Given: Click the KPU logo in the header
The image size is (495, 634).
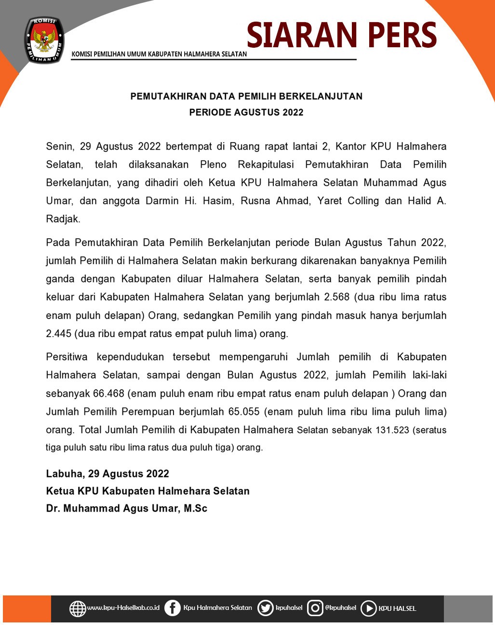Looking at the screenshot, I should point(44,40).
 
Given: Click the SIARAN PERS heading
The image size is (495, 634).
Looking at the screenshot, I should point(341,35).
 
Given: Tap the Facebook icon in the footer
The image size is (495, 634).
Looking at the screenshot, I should point(172,608).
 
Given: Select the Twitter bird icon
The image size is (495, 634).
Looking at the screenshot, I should point(265,608).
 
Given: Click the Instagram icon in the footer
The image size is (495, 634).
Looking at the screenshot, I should point(315,608).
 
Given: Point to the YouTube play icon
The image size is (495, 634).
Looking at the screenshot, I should point(368,608).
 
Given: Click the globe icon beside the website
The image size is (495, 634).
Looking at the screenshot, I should point(78,608).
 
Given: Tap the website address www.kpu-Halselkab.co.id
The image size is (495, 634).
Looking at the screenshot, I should point(123,608).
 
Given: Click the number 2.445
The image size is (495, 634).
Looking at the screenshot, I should point(58,334).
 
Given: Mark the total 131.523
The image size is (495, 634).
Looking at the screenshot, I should point(392,430).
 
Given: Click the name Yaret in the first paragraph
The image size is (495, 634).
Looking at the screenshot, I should point(329,201).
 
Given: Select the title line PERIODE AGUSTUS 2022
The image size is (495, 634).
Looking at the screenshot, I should point(246,112).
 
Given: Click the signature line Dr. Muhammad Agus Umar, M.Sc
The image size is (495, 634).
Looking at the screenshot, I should point(126,509).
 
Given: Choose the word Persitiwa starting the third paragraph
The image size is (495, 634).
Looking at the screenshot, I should point(67,357).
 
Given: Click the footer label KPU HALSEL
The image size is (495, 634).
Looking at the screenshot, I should point(397,608).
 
